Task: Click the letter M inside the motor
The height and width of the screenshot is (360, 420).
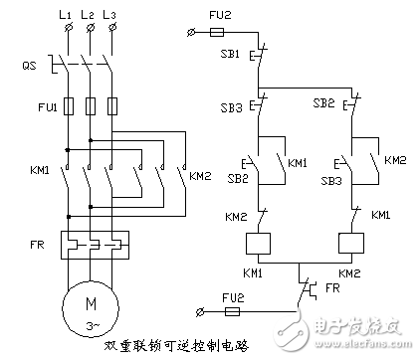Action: (x=90, y=299)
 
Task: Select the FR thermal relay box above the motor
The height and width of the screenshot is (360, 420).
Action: (x=90, y=242)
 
